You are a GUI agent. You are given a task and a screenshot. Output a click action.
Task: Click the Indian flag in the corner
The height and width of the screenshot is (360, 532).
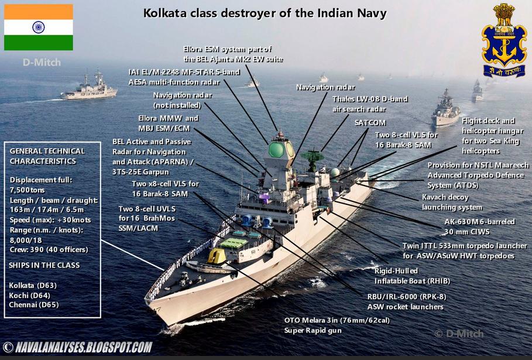(x=39, y=27)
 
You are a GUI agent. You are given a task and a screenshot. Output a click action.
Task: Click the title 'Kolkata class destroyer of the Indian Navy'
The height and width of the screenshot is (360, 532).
(x=265, y=12)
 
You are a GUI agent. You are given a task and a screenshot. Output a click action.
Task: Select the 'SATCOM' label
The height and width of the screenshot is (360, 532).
(x=370, y=124)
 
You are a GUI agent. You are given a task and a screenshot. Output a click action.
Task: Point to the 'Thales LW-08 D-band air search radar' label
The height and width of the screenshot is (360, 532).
(x=370, y=104)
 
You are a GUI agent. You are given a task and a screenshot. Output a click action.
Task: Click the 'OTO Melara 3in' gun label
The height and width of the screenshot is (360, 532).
(x=337, y=325)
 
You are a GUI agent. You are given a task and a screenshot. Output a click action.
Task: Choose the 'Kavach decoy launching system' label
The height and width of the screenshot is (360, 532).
(x=452, y=202)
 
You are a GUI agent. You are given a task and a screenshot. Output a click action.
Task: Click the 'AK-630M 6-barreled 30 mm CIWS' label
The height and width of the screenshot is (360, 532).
(x=479, y=227)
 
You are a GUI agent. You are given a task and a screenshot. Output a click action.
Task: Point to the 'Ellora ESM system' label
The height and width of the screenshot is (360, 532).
(x=228, y=54)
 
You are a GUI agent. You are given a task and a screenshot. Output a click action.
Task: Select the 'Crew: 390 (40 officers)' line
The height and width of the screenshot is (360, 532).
(x=49, y=250)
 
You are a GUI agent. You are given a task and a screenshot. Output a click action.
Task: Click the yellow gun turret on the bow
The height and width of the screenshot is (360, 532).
(x=217, y=256)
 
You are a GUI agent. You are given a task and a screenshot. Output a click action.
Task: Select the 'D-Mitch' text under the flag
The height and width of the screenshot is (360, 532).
(x=42, y=62)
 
